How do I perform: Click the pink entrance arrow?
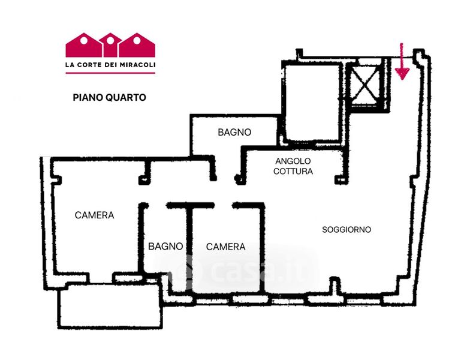coord(402,63)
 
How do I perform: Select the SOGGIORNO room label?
coord(347,230)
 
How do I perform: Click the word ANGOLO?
coord(293,161)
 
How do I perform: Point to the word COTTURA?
coord(293,171)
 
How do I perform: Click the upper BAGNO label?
coord(234,132)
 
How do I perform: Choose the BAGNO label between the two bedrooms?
coord(165,246)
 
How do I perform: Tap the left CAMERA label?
coord(94,215)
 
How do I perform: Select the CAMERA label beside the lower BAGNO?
coord(225,247)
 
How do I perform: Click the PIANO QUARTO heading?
coord(109,97)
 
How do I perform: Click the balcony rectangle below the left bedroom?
coord(110,306)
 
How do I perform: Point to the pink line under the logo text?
coord(110,73)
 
